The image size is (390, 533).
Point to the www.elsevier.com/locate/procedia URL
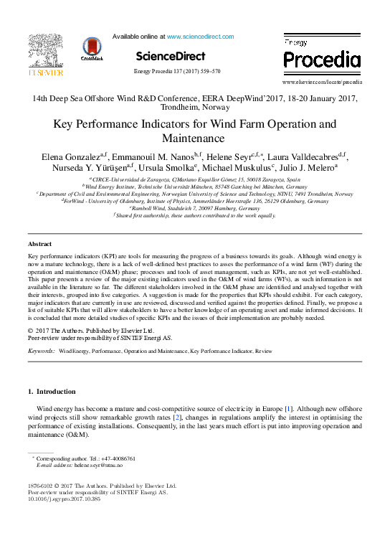coord(322,82)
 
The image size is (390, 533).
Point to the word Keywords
coord(42,352)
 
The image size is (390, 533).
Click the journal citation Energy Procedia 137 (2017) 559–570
coord(177,72)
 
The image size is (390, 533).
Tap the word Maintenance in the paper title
coord(194,138)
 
